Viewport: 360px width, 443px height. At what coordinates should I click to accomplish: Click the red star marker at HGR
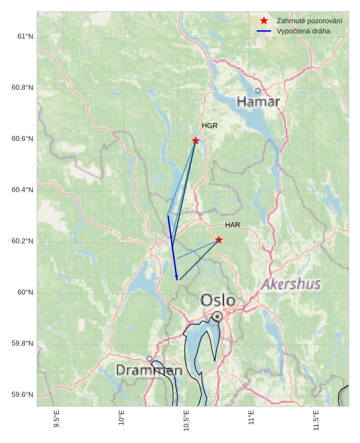tap(195, 140)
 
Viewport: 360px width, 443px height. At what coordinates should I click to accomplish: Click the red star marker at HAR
tap(219, 240)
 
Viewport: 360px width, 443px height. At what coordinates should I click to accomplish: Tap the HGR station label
tap(209, 126)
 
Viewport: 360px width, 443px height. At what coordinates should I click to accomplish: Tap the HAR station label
tap(233, 225)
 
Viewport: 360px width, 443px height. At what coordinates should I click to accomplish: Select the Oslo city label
tap(218, 300)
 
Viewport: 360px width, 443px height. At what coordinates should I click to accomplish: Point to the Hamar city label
tap(258, 101)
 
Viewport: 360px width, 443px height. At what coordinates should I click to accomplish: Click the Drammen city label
tap(149, 370)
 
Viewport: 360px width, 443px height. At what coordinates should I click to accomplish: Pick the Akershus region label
tap(291, 284)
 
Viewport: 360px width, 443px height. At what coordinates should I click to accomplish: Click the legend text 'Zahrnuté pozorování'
tap(309, 21)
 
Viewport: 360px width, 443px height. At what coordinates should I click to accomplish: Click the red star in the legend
tap(264, 21)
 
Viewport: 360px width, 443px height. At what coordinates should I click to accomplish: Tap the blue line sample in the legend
tap(264, 31)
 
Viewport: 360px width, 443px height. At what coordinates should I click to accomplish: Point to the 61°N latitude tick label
tap(24, 37)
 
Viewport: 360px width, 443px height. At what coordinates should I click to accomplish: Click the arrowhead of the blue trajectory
tap(177, 277)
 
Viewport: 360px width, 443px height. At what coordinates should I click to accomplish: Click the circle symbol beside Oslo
tap(218, 316)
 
